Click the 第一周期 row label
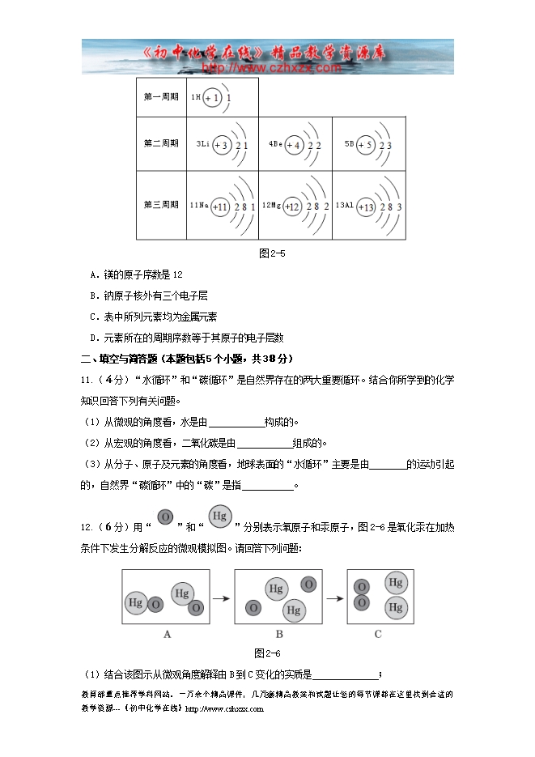pos(161,97)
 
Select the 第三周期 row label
pos(161,206)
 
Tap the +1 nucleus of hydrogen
pos(212,98)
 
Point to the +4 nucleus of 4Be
pos(293,145)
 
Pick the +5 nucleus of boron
pos(365,145)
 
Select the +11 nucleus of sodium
pos(220,207)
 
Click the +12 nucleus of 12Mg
pos(292,207)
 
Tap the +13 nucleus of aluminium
pos(365,207)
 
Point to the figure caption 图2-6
pos(267,653)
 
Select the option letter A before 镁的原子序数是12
pos(95,274)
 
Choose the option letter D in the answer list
pos(95,338)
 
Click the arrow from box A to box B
pos(222,598)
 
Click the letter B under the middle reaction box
pos(278,635)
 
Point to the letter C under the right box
pos(377,635)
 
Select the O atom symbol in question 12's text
pos(165,517)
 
